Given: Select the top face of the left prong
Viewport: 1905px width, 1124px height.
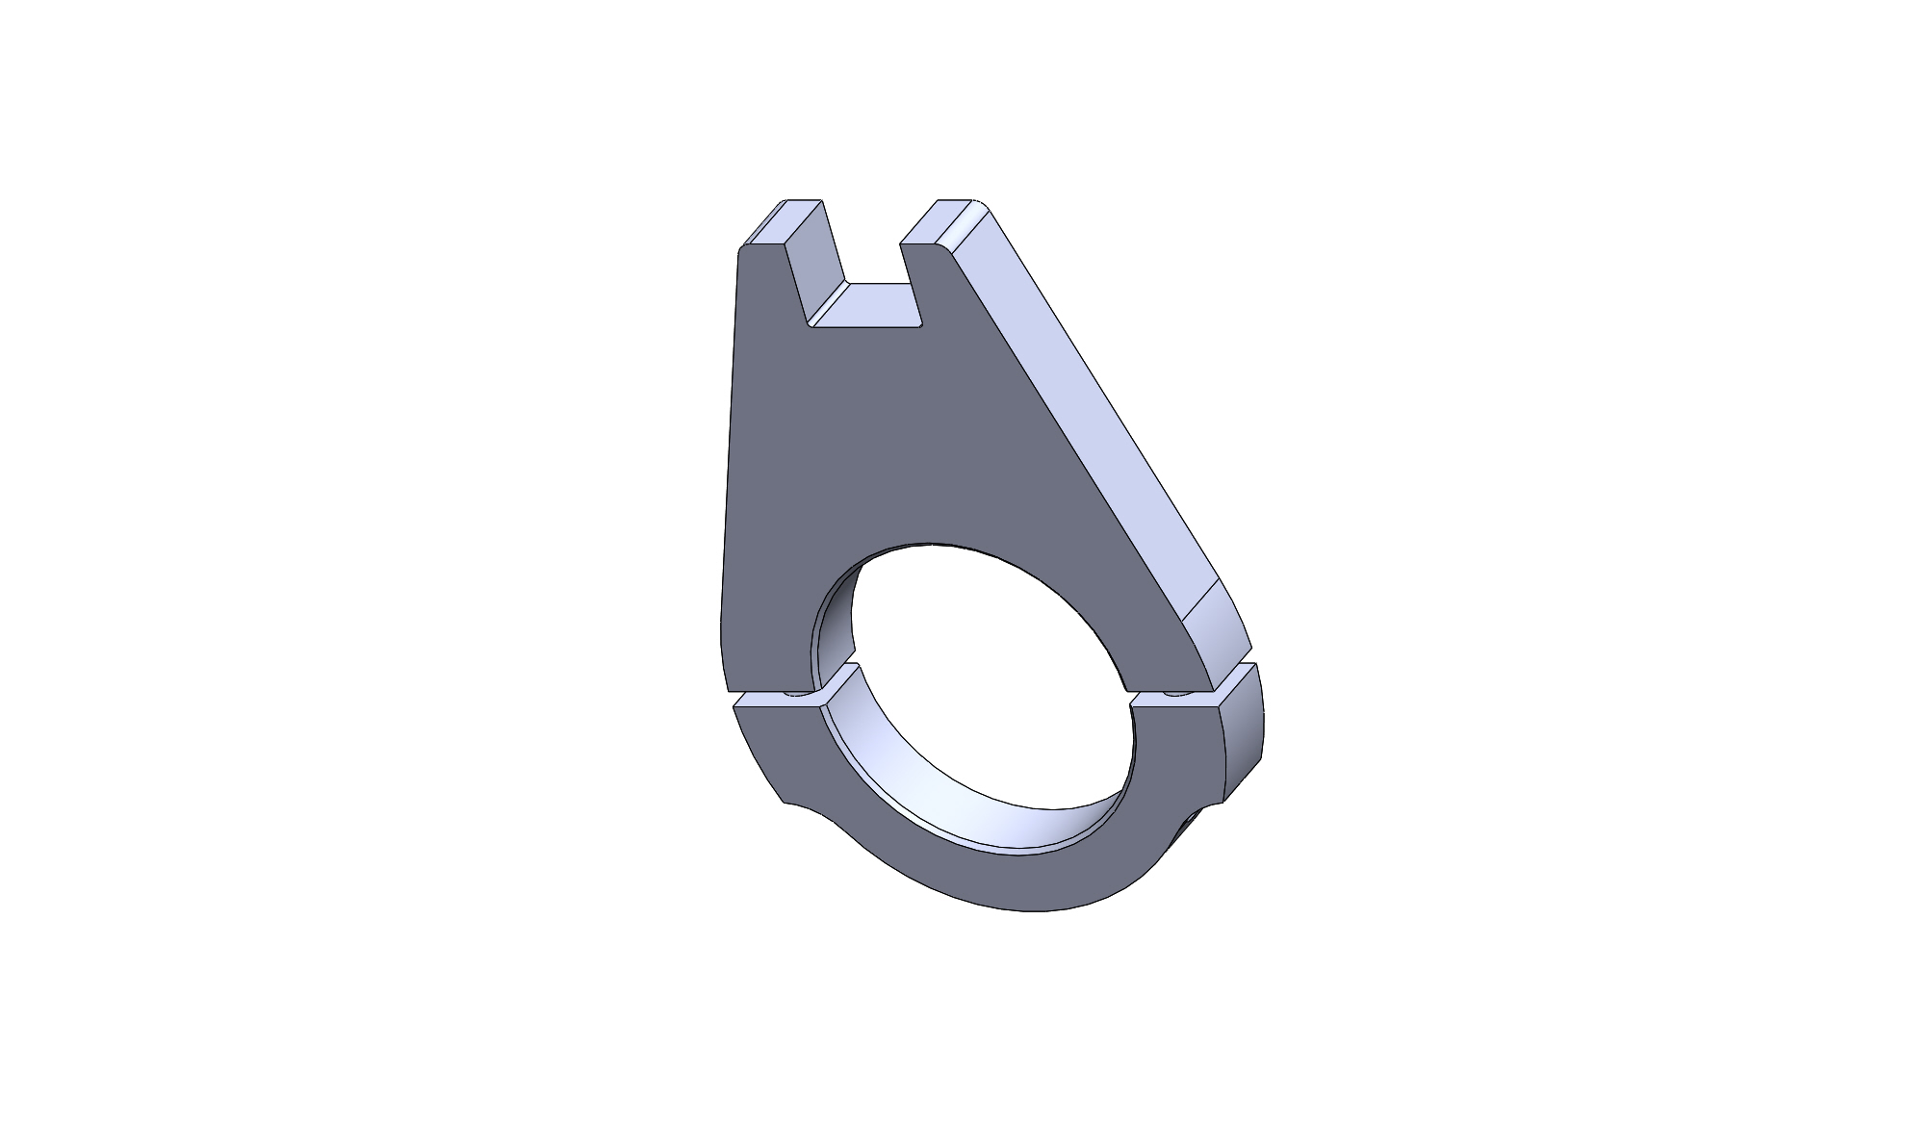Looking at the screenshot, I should point(785,222).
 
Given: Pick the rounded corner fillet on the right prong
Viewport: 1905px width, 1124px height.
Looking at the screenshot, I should point(965,226).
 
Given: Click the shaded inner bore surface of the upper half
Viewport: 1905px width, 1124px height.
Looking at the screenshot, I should point(834,626).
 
